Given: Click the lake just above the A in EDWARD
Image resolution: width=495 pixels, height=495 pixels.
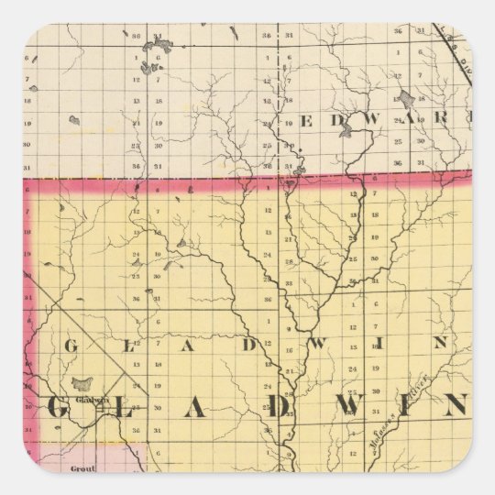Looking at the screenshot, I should [407, 97].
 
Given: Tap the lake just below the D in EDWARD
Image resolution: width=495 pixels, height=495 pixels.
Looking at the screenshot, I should [346, 133].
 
